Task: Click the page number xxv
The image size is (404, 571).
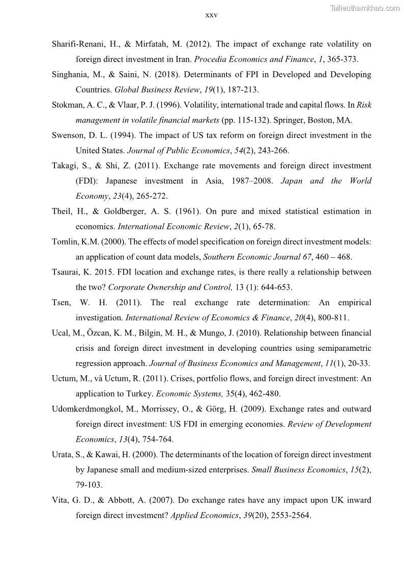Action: click(211, 15)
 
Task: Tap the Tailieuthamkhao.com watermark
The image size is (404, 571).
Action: click(365, 8)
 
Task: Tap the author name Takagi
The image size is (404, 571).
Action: click(66, 166)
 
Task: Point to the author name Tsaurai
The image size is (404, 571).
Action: click(67, 272)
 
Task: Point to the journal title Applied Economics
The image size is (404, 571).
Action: click(204, 515)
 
